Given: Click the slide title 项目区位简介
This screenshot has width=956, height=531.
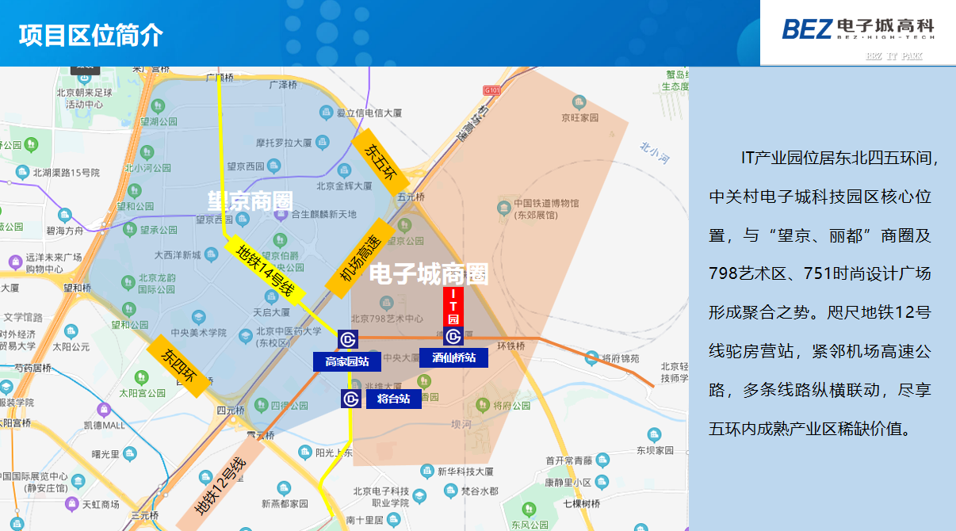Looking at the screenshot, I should point(91,35).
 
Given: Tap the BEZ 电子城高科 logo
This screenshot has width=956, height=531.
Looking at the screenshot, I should point(858,29).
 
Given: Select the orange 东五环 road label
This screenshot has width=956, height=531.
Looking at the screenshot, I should point(379,161).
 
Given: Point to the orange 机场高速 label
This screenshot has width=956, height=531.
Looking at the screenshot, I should point(358,258).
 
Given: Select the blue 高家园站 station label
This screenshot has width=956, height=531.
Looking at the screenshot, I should point(347,362).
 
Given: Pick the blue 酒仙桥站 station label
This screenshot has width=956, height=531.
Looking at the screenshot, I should point(453,357).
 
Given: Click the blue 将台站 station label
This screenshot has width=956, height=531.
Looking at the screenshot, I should point(393,399).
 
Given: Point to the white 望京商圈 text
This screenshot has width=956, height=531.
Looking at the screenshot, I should point(250,201).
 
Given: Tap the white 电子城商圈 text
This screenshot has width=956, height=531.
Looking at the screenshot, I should point(429,274).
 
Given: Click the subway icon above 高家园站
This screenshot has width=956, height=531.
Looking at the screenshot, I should point(348,340).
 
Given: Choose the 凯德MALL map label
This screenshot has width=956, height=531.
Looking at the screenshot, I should point(105,424).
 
